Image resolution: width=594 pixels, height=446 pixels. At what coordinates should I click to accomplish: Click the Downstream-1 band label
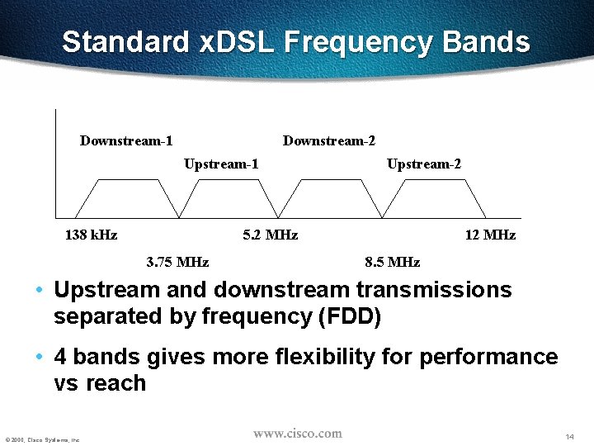tap(125, 141)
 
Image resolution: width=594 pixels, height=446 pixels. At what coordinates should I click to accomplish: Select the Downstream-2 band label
tap(328, 141)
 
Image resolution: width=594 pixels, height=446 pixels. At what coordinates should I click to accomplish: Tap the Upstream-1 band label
tap(221, 164)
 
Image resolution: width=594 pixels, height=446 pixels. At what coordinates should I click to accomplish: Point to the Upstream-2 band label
tap(424, 164)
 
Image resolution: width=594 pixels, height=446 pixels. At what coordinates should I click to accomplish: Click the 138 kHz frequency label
tap(91, 235)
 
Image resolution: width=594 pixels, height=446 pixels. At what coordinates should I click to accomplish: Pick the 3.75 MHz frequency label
tap(177, 263)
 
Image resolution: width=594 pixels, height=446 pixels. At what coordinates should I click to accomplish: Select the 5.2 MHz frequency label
tap(271, 235)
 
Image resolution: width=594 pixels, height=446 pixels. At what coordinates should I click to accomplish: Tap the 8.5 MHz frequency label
tap(392, 263)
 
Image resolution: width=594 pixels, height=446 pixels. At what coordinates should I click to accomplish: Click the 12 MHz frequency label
tap(490, 235)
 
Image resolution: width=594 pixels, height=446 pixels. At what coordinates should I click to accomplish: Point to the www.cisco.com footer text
tap(297, 434)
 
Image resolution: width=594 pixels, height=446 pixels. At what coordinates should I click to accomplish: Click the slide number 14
tap(569, 436)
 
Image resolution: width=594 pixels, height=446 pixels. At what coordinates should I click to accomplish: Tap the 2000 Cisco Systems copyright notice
tap(41, 439)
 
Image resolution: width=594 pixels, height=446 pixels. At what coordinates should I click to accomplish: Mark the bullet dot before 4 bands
tap(40, 358)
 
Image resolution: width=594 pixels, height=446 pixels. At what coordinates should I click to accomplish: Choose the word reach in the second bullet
tap(115, 384)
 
